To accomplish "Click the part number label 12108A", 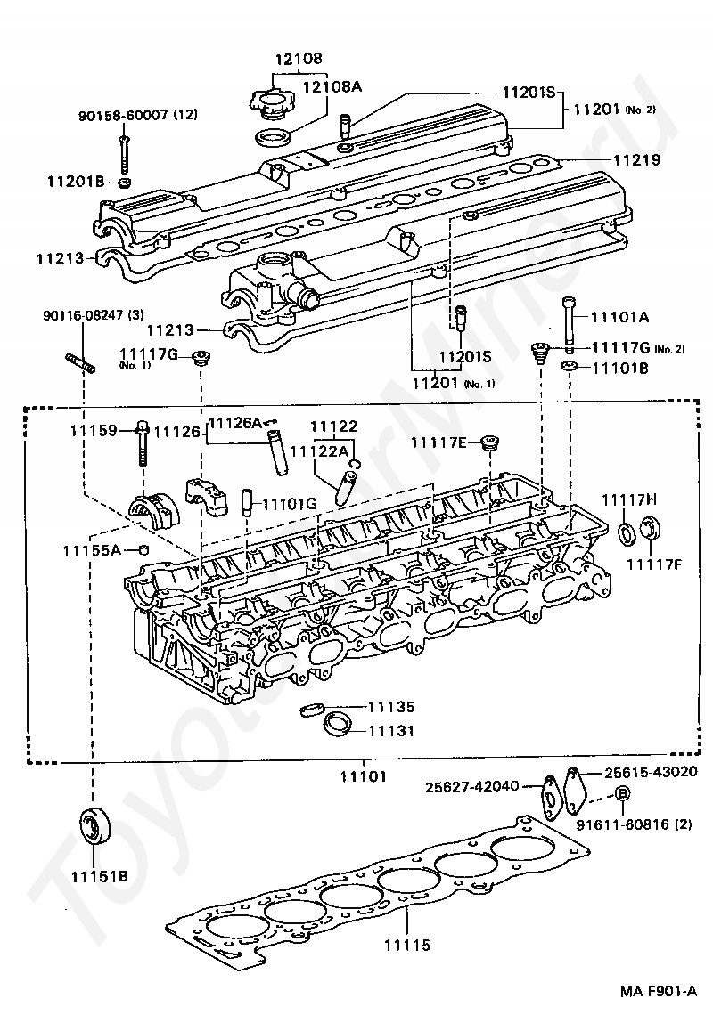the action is pyautogui.click(x=332, y=86).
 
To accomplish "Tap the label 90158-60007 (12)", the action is pyautogui.click(x=137, y=115).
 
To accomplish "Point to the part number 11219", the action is pyautogui.click(x=636, y=159).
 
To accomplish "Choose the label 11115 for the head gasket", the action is pyautogui.click(x=407, y=945).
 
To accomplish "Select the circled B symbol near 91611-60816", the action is pyautogui.click(x=622, y=793).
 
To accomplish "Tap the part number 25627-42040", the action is pyautogui.click(x=472, y=786).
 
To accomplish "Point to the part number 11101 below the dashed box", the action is pyautogui.click(x=364, y=776).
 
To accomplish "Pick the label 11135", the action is pyautogui.click(x=391, y=707).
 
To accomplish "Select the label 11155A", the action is pyautogui.click(x=92, y=549).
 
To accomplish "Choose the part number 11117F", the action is pyautogui.click(x=653, y=564).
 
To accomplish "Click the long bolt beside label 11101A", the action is pyautogui.click(x=570, y=324).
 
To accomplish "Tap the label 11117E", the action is pyautogui.click(x=438, y=442).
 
